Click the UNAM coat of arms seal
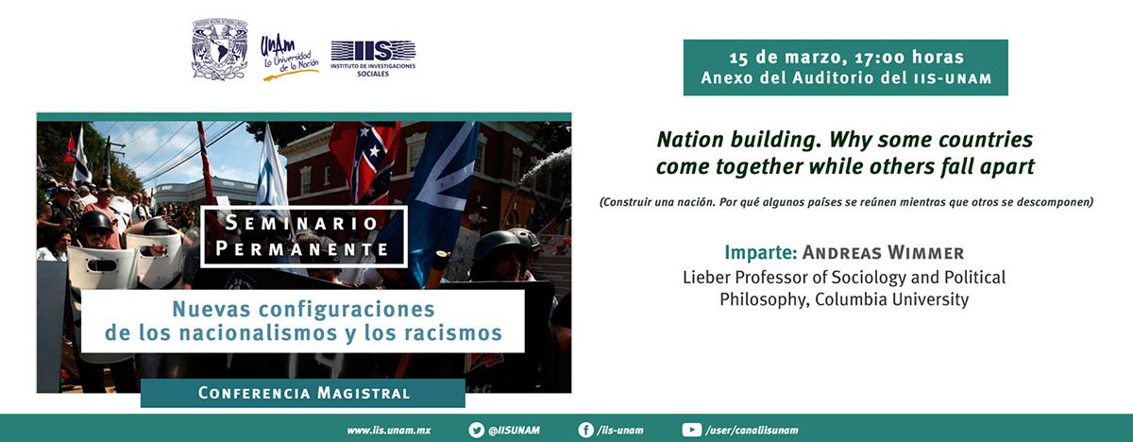(220, 49)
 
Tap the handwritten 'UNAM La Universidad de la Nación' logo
(289, 59)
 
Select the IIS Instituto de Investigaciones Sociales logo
(373, 59)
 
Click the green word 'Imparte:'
(761, 252)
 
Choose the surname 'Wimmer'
(925, 252)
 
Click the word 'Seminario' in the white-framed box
(301, 223)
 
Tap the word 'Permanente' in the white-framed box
(302, 248)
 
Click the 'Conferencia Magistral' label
(303, 393)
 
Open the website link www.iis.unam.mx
(388, 431)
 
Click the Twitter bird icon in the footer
(476, 430)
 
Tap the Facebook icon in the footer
(585, 430)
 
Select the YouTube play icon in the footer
(691, 430)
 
